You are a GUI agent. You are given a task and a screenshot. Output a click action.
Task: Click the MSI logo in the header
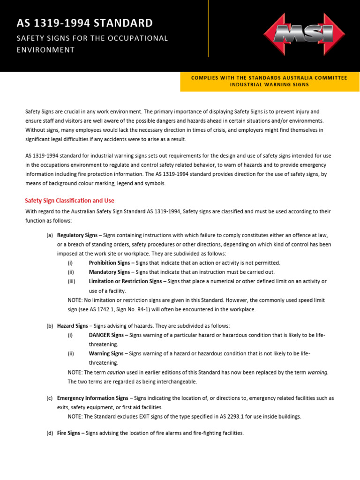[304, 34]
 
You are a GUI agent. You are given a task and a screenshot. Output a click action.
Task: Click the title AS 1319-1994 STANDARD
[84, 23]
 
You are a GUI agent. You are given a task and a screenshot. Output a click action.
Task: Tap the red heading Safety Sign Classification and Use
[69, 201]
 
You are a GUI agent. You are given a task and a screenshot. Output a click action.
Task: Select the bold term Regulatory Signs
[77, 235]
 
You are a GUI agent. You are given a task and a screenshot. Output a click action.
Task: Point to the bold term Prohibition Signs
[109, 263]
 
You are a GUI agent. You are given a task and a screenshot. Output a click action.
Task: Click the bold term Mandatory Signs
[109, 272]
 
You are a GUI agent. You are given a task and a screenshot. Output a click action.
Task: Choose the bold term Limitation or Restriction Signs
[125, 281]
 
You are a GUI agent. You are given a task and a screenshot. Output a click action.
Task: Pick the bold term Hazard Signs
[72, 326]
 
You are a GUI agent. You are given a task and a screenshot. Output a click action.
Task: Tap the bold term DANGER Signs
[106, 335]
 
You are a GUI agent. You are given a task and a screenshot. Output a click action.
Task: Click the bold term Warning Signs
[106, 353]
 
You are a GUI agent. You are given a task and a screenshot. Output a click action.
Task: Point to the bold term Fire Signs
[68, 433]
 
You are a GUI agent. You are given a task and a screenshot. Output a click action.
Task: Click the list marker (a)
[50, 235]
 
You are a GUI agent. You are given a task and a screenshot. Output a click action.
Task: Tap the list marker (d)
[50, 433]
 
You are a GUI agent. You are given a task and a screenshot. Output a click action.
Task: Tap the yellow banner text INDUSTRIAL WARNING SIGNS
[269, 84]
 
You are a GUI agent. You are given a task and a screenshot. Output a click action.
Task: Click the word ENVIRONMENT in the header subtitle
[45, 50]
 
